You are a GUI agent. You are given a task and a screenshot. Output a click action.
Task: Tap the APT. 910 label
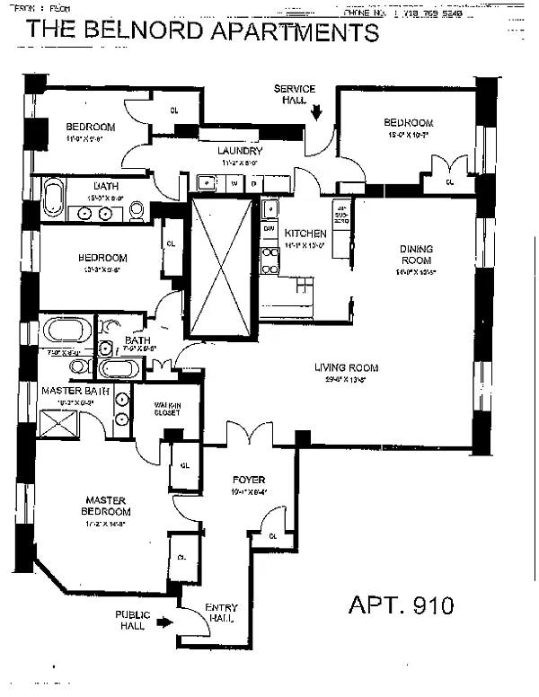coord(401,604)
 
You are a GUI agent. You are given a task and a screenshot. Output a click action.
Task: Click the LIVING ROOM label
coord(346,367)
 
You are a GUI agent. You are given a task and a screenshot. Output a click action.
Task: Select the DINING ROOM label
coord(416,254)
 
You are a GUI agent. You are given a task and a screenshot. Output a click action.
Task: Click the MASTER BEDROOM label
coord(105,506)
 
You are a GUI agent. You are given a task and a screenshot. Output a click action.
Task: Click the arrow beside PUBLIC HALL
coord(163,621)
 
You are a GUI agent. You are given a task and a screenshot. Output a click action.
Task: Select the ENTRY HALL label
coord(221,613)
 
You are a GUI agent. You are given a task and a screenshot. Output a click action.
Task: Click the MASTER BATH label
coord(75,393)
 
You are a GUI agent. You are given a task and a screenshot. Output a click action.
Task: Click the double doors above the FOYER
coord(249,436)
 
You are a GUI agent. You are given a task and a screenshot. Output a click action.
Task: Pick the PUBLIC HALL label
coord(131,621)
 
